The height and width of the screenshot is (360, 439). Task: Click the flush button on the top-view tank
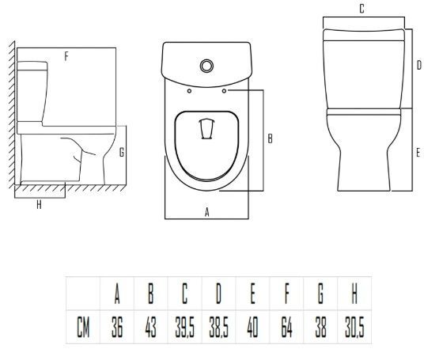click(206, 66)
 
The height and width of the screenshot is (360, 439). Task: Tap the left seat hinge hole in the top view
click(189, 91)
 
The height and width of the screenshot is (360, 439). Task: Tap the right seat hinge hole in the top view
click(224, 91)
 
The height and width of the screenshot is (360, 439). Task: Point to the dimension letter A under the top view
click(207, 212)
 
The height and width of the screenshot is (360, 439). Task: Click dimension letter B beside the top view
click(270, 138)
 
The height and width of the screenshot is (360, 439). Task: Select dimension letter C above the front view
click(361, 9)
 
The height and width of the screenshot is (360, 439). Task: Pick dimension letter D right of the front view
click(419, 66)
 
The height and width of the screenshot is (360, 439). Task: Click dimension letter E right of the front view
click(418, 153)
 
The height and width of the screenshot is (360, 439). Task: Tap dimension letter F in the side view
click(66, 57)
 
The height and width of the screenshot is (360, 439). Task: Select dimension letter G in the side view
click(122, 153)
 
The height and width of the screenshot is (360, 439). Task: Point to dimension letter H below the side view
click(40, 205)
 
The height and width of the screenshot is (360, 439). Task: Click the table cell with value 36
click(117, 327)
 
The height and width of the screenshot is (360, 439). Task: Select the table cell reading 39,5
click(185, 327)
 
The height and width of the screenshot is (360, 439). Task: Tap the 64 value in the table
click(286, 327)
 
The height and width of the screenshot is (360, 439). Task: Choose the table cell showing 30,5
click(354, 327)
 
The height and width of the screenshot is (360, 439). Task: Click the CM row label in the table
click(83, 327)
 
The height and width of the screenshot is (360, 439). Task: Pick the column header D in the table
click(218, 294)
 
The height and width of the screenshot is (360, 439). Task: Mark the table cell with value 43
click(151, 327)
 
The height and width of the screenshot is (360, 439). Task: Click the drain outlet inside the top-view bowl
click(206, 129)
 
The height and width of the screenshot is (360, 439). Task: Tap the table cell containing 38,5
click(218, 327)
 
